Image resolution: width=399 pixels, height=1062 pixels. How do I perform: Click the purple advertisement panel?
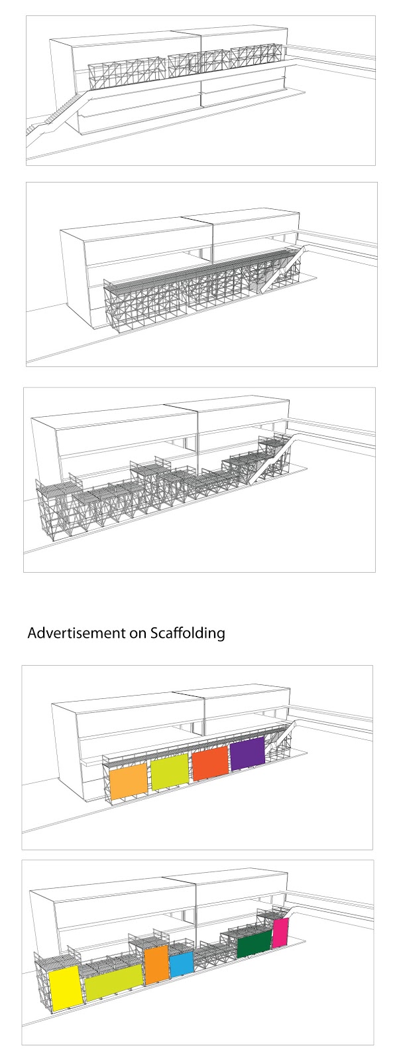(x=247, y=755)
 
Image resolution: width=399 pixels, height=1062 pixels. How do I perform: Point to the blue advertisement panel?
(x=180, y=964)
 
